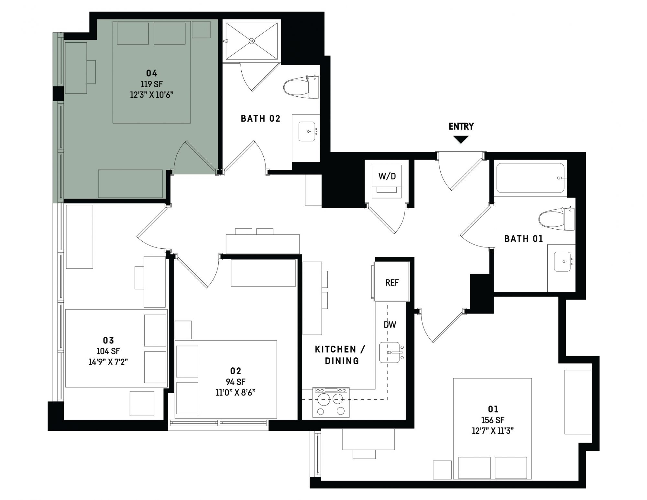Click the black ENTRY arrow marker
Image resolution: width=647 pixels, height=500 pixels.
tap(461, 139)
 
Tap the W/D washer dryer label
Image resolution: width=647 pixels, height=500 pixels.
tap(387, 176)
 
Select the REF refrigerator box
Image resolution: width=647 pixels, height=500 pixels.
tap(392, 281)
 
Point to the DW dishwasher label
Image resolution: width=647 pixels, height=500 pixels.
tap(390, 325)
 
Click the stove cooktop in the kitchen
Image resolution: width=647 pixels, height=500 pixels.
tap(331, 402)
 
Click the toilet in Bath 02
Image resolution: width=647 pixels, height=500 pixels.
tap(301, 87)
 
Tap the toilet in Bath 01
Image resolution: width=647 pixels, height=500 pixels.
tap(557, 219)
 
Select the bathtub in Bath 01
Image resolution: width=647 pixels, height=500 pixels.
tap(530, 178)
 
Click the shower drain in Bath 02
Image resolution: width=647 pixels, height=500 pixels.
tap(252, 41)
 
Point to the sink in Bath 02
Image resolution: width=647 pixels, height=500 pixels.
tap(307, 132)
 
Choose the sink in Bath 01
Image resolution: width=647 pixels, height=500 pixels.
tap(563, 261)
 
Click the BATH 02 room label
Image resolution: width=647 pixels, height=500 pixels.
tap(260, 119)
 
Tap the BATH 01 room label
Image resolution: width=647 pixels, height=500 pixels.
tap(523, 239)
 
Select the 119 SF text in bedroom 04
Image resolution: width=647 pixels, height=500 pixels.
tap(152, 84)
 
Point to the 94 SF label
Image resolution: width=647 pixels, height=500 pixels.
tap(236, 382)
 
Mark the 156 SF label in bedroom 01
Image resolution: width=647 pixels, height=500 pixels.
tap(493, 420)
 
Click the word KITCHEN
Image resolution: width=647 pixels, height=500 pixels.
tap(335, 349)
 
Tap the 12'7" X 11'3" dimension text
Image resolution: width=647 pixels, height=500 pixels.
tap(493, 431)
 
